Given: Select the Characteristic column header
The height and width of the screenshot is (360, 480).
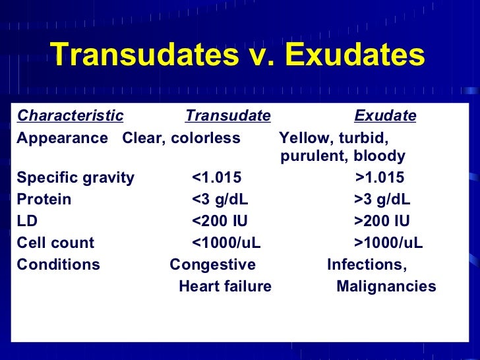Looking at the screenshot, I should coord(70,117).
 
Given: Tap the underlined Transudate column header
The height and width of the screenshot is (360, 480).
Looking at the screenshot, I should coord(228,117).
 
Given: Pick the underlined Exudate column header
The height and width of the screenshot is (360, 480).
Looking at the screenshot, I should coord(385,117).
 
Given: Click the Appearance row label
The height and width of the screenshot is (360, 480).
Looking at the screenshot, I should coord(62,138).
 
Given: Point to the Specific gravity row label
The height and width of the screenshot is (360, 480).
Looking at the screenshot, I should coord(75,178).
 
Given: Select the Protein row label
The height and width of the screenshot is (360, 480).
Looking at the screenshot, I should coord(44,200).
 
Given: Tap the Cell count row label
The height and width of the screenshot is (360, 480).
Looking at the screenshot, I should coord(55,243).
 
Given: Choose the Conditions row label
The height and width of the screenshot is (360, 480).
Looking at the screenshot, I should coord(59,265).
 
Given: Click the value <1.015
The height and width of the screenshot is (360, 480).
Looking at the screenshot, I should coord(216,178).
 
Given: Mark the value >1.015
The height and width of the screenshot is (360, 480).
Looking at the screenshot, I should coord(380,178).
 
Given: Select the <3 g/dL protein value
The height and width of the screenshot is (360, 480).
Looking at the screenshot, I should coord(220,200).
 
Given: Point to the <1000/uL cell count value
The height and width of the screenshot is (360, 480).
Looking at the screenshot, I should coord(226,243).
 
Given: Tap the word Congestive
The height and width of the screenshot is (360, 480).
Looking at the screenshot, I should coord(212,265).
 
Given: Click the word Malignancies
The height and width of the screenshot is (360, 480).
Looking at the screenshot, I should coord(386,287).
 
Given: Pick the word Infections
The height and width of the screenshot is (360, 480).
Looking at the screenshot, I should coord(367,265).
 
